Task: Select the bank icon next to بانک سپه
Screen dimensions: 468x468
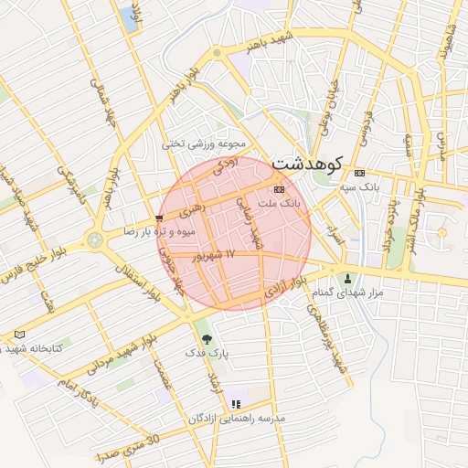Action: pyautogui.click(x=359, y=173)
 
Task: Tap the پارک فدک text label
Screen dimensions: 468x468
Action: pyautogui.click(x=202, y=352)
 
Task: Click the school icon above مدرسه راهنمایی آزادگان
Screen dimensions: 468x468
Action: pyautogui.click(x=236, y=404)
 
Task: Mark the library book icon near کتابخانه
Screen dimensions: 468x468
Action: pyautogui.click(x=20, y=335)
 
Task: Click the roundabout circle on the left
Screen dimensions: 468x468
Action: pyautogui.click(x=94, y=239)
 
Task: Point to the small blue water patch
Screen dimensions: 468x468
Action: pyautogui.click(x=129, y=19)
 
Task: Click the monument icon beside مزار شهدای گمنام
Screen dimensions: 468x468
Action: pyautogui.click(x=346, y=278)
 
